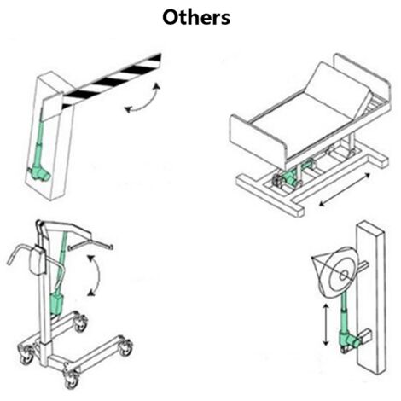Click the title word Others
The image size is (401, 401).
pyautogui.click(x=196, y=17)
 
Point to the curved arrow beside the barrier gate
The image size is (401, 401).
pyautogui.click(x=142, y=99)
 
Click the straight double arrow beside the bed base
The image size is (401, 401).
pyautogui.click(x=345, y=189)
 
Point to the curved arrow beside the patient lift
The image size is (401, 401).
pyautogui.click(x=96, y=276)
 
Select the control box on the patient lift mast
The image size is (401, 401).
pyautogui.click(x=38, y=260)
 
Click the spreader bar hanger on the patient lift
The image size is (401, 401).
pyautogui.click(x=90, y=245)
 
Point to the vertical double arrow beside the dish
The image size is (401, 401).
pyautogui.click(x=326, y=325)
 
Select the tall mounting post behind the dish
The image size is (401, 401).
pyautogui.click(x=371, y=297)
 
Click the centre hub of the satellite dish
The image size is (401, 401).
pyautogui.click(x=344, y=276)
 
